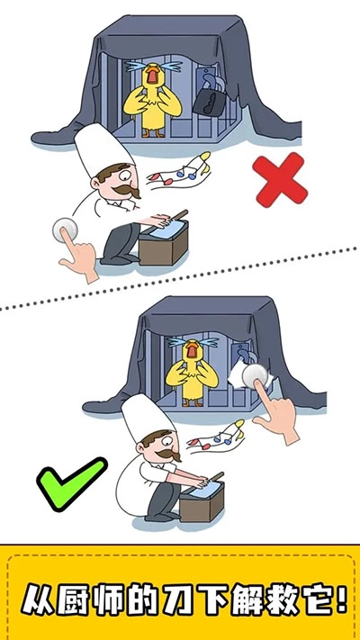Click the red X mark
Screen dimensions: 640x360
point(280,180)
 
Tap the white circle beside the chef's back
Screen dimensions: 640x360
point(64,230)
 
